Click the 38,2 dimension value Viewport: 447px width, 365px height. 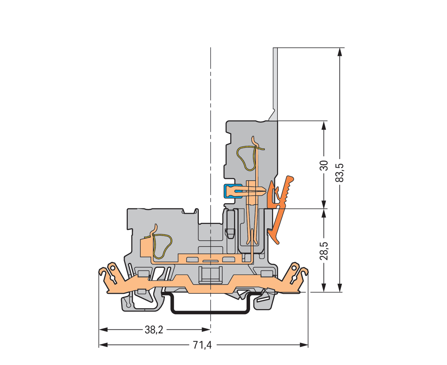pyautogui.click(x=154, y=330)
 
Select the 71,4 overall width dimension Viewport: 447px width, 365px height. pyautogui.click(x=202, y=345)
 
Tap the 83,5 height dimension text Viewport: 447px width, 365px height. pyautogui.click(x=340, y=172)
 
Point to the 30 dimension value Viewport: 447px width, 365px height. pyautogui.click(x=324, y=165)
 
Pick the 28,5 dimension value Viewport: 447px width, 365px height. pyautogui.click(x=324, y=250)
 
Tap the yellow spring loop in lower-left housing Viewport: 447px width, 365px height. pyautogui.click(x=162, y=246)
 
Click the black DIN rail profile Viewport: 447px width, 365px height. pyautogui.click(x=209, y=312)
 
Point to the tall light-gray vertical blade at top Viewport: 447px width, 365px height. pyautogui.click(x=275, y=83)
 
